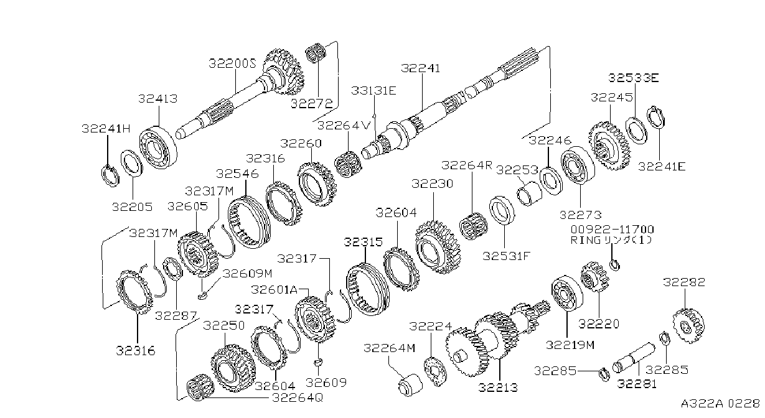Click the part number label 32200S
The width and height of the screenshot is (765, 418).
coord(232,64)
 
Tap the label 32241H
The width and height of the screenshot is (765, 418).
coord(106,129)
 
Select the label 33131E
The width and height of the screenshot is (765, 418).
coord(373,91)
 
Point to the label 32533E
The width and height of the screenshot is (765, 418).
coord(633,78)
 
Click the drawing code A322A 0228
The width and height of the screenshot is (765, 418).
coord(720,404)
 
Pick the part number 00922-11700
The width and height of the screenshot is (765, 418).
coord(612,230)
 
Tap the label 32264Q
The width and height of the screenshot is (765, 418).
coord(297,398)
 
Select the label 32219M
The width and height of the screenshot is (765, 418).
coord(570,345)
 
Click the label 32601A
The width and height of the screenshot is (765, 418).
coord(275,290)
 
